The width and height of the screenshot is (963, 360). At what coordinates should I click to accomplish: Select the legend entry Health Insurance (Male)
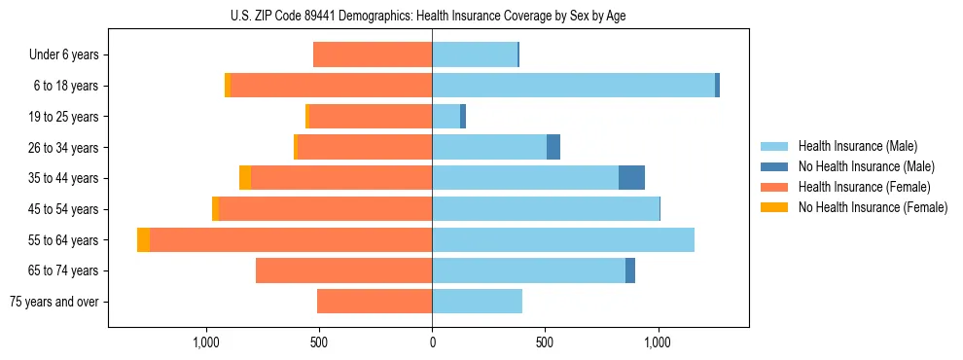pos(857,146)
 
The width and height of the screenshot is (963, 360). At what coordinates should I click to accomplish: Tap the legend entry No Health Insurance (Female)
pos(873,207)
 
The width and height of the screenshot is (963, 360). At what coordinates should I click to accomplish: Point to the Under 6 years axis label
pos(64,55)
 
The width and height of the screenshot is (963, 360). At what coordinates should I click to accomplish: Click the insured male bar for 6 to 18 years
pos(573,86)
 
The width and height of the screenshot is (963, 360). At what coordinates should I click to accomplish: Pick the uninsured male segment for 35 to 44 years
pos(631,178)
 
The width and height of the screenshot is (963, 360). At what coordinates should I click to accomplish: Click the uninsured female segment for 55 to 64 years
pos(143,240)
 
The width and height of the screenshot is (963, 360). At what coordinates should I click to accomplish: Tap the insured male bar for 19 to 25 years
pos(446,117)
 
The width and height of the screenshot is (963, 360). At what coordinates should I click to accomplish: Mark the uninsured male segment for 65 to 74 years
pos(630,270)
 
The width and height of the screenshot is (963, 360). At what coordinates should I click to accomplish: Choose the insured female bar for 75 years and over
pos(374,302)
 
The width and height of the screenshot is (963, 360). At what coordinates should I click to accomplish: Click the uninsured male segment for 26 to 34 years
pos(553,147)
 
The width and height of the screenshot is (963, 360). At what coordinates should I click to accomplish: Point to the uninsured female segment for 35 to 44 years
pos(245,178)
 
